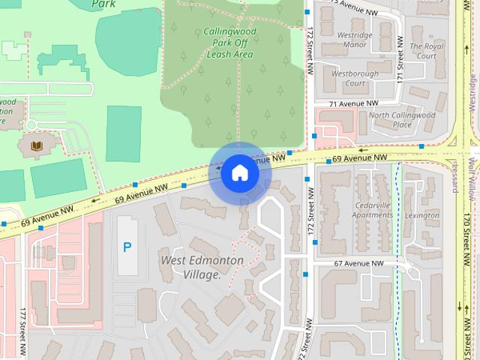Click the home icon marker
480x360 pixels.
[x=239, y=173]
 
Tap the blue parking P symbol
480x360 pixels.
[x=127, y=247]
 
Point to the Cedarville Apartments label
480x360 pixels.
[x=362, y=209]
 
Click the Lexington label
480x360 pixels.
[x=422, y=215]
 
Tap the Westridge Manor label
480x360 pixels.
[x=355, y=40]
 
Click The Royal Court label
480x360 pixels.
[x=429, y=51]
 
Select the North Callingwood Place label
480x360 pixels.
[x=402, y=120]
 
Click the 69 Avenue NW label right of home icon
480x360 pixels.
[x=360, y=157]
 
